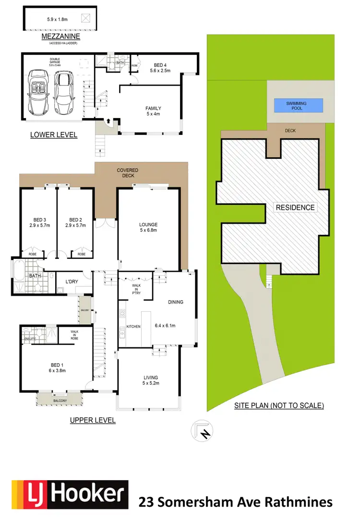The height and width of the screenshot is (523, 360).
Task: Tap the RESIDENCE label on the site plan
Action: (x=295, y=207)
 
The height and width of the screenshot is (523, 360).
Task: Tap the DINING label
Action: (x=175, y=302)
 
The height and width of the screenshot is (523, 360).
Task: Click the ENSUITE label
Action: (x=30, y=340)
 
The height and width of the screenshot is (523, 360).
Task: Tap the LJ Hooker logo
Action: (x=70, y=495)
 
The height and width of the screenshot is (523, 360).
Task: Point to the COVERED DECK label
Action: (x=128, y=173)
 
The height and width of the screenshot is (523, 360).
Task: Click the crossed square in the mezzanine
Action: (x=85, y=18)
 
